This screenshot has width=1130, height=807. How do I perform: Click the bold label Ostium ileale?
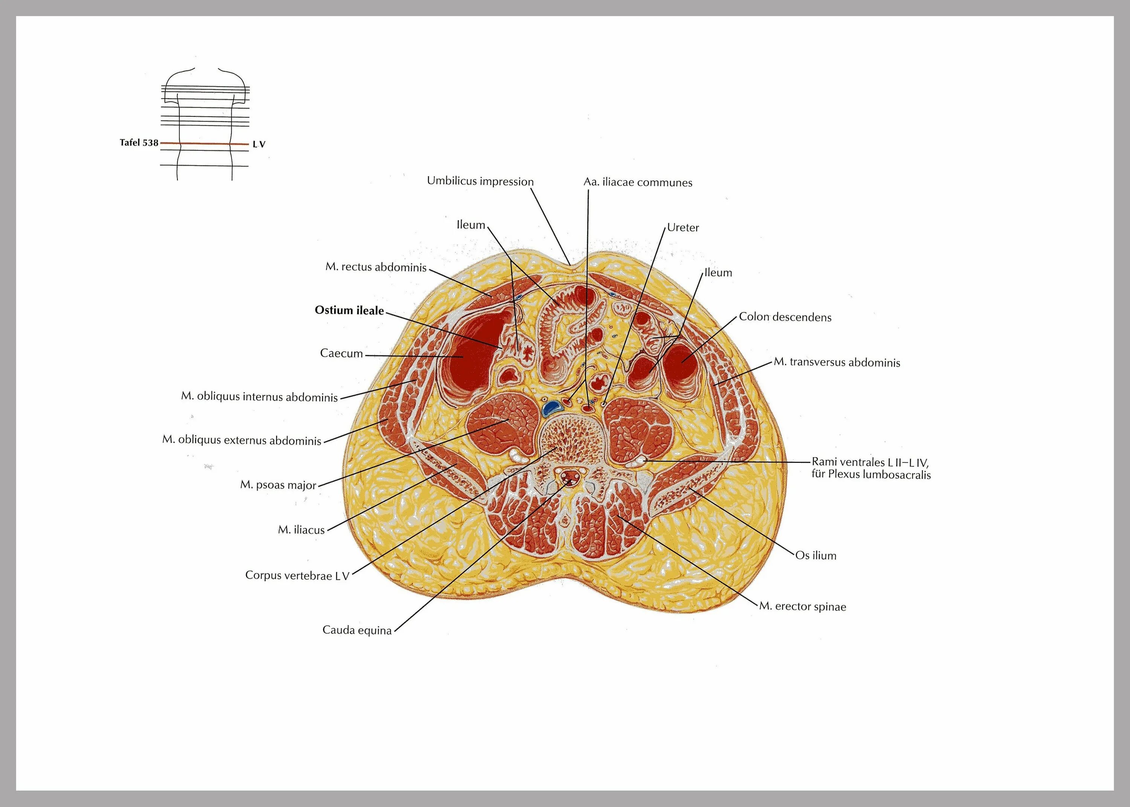[349, 311]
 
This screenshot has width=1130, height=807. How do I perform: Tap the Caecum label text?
[341, 353]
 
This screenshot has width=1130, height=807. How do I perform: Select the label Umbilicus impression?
[480, 182]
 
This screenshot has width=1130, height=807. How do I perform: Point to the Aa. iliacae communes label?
[638, 182]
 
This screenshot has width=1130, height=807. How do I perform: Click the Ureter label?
[683, 227]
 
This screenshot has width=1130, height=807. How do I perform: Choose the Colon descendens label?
[785, 317]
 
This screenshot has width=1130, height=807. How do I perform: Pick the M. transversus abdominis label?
[837, 362]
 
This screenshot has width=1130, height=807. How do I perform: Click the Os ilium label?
[815, 555]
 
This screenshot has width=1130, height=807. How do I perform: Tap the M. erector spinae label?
[803, 607]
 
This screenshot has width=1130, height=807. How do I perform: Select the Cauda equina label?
[357, 630]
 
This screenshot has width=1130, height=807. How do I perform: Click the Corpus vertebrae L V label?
[297, 575]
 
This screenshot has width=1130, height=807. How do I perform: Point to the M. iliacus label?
[301, 530]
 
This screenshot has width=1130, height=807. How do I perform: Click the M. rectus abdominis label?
[376, 267]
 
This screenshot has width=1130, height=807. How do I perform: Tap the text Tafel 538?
[139, 143]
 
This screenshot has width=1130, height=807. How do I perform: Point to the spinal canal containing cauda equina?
[568, 478]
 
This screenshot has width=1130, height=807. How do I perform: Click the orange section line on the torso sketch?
[204, 143]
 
